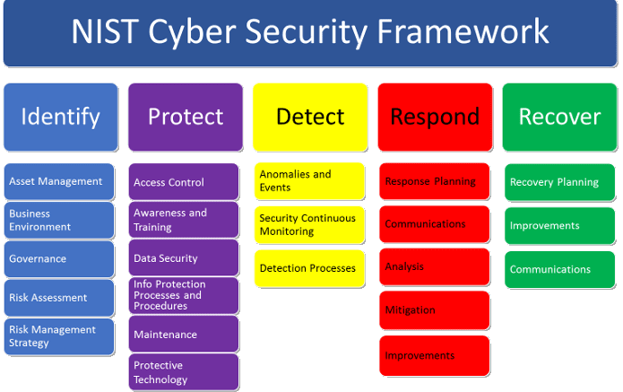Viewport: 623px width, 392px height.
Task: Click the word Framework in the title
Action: pos(463,31)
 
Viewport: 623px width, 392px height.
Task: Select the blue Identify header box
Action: pos(61,117)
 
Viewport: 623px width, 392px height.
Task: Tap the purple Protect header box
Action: pos(186,117)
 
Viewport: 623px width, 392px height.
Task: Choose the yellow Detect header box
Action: pos(310,117)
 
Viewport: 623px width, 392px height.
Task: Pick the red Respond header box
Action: pos(435,117)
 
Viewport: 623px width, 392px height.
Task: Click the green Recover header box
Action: pos(559,117)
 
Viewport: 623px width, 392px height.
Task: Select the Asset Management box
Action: pos(59,181)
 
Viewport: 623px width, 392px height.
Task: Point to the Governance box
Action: pos(59,259)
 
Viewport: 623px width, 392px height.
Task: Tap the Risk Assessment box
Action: pos(59,298)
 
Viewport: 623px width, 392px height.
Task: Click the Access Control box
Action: pos(184,182)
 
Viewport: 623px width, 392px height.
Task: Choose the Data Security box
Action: pos(184,257)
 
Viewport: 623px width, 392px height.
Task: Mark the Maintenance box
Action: pos(184,334)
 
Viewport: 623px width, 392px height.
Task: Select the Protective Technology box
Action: pos(184,371)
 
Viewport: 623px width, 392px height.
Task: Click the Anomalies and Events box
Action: pos(309,181)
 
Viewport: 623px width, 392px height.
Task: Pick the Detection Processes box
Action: pos(309,268)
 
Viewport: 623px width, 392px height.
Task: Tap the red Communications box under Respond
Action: pos(434,224)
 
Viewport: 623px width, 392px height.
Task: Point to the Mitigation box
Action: pos(434,310)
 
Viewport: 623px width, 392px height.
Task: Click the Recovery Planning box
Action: pos(559,182)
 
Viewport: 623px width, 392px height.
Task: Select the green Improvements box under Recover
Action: pos(559,225)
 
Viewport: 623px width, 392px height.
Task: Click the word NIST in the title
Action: pos(105,31)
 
